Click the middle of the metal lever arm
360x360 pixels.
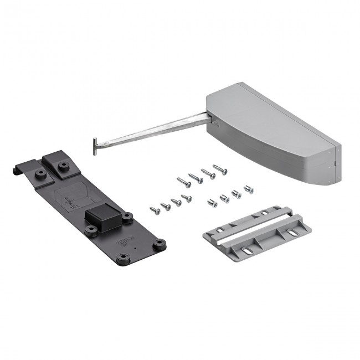150,128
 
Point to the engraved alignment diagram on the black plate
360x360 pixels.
75,198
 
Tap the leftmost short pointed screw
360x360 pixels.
155,209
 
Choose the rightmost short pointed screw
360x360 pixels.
187,197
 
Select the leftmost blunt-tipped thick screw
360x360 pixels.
212,203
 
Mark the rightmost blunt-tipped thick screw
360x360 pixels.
249,189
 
